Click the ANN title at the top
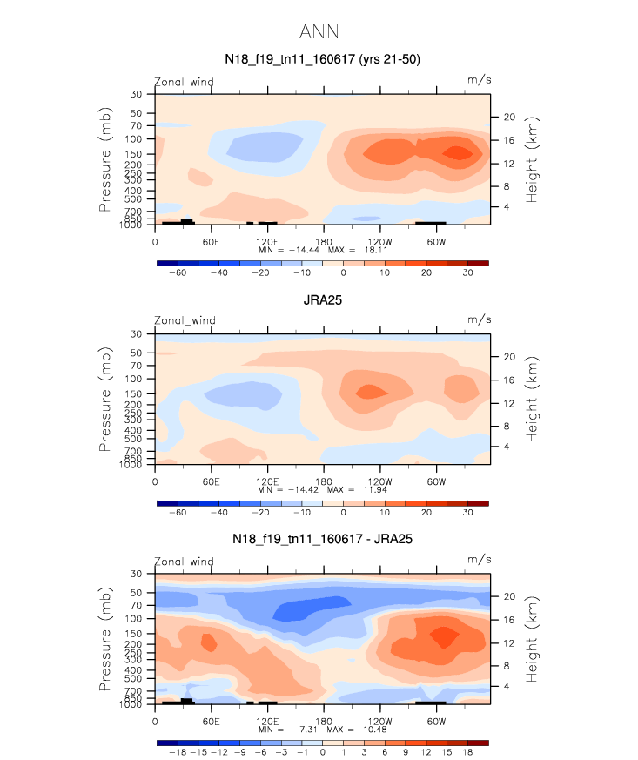319,32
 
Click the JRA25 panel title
323,300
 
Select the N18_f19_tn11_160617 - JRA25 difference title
322,539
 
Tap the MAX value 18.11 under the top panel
376,250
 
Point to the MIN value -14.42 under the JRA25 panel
303,489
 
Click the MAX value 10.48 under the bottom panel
375,730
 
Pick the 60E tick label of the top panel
212,242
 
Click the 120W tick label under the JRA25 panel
379,481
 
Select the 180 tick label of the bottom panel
324,721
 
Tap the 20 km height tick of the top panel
509,117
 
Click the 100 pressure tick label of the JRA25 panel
133,379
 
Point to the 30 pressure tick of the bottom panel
136,574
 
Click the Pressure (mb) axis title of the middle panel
104,400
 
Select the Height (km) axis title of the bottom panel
532,639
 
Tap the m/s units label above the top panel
479,80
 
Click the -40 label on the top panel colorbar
219,272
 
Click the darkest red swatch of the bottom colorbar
478,743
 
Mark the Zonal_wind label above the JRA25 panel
185,320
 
